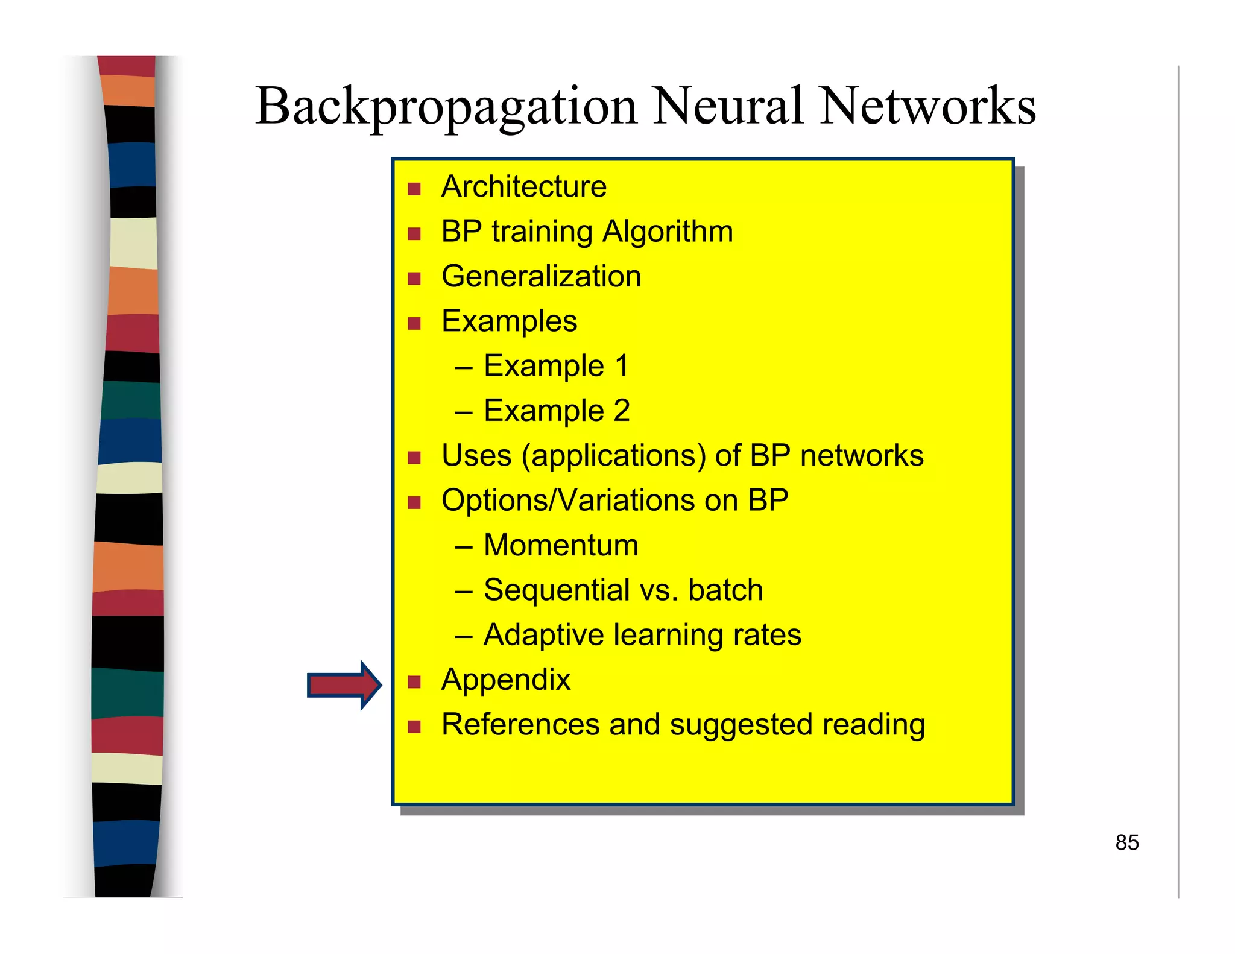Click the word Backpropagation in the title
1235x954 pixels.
click(x=446, y=107)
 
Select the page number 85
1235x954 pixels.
click(x=1126, y=842)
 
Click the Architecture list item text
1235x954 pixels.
click(x=523, y=186)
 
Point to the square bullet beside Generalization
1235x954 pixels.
click(x=414, y=279)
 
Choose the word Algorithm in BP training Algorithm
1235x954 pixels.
click(x=668, y=232)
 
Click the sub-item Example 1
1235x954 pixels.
click(x=556, y=366)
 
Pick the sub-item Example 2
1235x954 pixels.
click(x=556, y=411)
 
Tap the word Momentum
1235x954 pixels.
click(x=560, y=545)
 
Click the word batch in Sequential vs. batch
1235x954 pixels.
click(x=725, y=590)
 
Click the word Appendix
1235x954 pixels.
click(x=505, y=680)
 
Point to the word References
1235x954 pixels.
click(x=520, y=724)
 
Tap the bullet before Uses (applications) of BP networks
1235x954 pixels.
click(x=414, y=458)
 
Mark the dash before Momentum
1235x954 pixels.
click(x=463, y=547)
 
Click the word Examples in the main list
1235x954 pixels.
click(x=509, y=321)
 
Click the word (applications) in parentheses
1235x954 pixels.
click(x=613, y=456)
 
